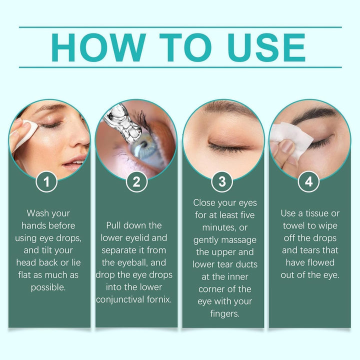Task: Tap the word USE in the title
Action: (x=266, y=47)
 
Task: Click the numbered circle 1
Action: (x=47, y=182)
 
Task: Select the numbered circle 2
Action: (x=136, y=182)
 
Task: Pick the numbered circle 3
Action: (x=222, y=182)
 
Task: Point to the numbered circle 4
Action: (x=308, y=182)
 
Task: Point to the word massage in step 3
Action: (x=240, y=240)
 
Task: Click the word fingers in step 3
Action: (x=222, y=314)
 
